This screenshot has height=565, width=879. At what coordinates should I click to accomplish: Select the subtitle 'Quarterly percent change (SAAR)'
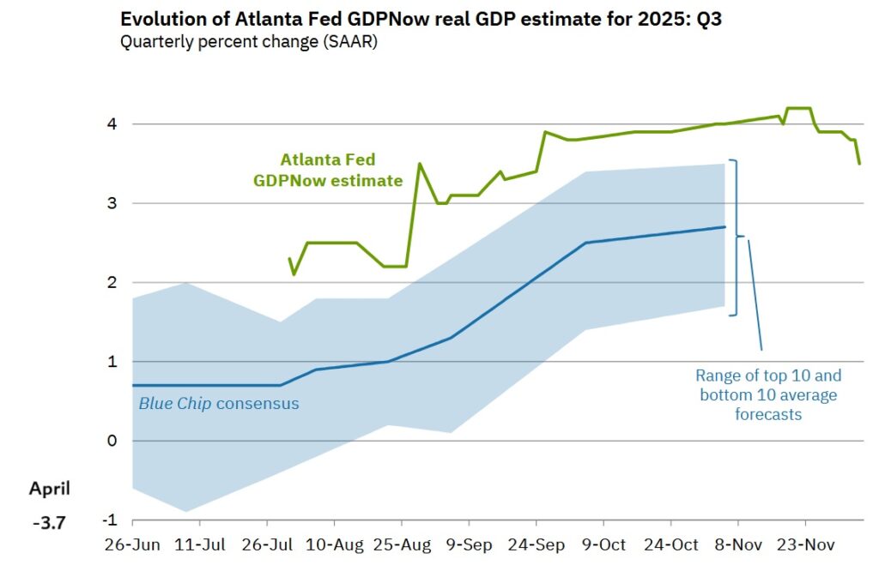point(248,42)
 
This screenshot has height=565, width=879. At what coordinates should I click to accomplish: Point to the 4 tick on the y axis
point(112,124)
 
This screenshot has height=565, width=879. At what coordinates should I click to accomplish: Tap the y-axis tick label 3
point(112,203)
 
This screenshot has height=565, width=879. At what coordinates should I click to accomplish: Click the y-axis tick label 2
point(112,282)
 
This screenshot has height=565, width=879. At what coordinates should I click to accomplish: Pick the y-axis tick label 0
point(112,441)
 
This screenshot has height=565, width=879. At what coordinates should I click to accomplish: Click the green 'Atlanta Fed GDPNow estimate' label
point(327,170)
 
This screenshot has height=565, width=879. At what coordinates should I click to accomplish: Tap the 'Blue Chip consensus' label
point(219,403)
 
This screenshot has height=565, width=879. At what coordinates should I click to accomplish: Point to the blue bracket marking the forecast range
point(736,237)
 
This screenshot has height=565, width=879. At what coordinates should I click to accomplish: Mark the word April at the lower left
point(50,489)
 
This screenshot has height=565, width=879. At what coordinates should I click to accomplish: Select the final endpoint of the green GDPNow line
point(859,163)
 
